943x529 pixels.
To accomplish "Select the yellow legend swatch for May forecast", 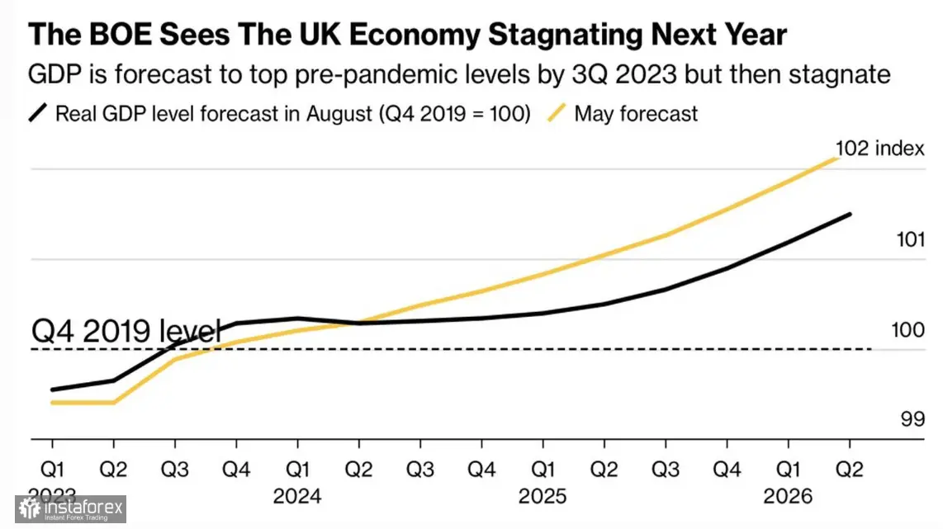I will click(558, 113).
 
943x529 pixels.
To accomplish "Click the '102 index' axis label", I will click(879, 149).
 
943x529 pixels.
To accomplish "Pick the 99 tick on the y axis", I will click(912, 419).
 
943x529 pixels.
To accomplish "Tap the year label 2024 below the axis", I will click(297, 497).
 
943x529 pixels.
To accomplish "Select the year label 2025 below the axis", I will click(543, 497).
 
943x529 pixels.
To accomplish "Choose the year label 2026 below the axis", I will click(789, 497).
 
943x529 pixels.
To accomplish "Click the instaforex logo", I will click(70, 509).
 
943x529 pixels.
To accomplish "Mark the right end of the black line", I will click(850, 215).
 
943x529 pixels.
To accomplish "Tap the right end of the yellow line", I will click(838, 158).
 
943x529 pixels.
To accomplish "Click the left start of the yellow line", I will click(52, 403).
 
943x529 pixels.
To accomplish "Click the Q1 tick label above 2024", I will click(297, 470).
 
